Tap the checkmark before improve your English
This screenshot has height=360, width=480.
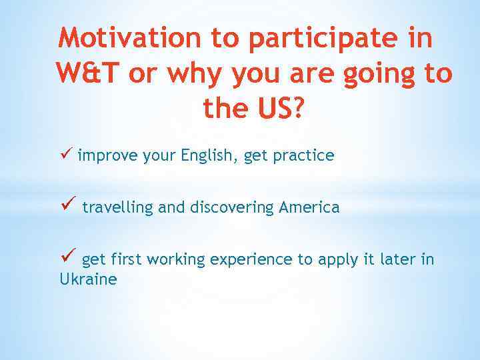pyautogui.click(x=65, y=155)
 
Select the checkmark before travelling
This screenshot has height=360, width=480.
pyautogui.click(x=67, y=206)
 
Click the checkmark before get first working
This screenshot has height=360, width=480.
pyautogui.click(x=67, y=257)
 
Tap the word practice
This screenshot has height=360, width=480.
pyautogui.click(x=302, y=156)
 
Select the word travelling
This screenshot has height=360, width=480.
pyautogui.click(x=118, y=207)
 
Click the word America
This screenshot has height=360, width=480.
pyautogui.click(x=309, y=207)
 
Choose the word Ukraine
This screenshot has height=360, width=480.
pyautogui.click(x=88, y=279)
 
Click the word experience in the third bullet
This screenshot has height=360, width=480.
pyautogui.click(x=251, y=259)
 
